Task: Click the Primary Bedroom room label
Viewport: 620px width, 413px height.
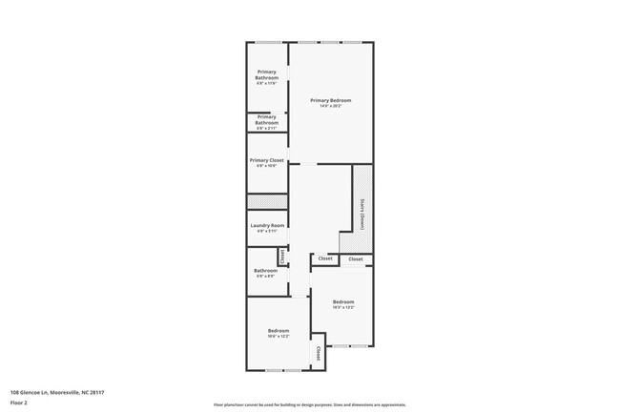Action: [x=331, y=100]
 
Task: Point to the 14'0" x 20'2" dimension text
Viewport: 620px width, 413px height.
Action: [x=331, y=106]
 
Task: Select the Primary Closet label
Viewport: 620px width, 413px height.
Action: [x=267, y=160]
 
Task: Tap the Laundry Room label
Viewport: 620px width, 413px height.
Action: [x=267, y=225]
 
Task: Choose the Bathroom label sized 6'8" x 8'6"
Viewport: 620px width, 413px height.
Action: [x=265, y=270]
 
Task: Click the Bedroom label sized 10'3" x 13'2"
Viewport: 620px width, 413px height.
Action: [x=343, y=301]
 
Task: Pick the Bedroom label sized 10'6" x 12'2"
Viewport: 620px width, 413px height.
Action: [x=279, y=331]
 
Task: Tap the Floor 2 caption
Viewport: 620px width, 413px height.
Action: [x=20, y=403]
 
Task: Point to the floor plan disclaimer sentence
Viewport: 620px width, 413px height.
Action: [x=310, y=404]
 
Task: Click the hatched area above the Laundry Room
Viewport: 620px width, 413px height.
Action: [x=267, y=201]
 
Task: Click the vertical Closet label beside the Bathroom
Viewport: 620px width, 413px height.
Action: [x=282, y=257]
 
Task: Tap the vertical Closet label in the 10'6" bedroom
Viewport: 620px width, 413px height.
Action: [x=318, y=353]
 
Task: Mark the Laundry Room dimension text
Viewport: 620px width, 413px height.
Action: [x=267, y=231]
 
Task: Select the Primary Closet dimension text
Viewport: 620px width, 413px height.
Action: [x=267, y=166]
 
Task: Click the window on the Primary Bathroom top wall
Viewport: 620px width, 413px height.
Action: [x=267, y=42]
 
